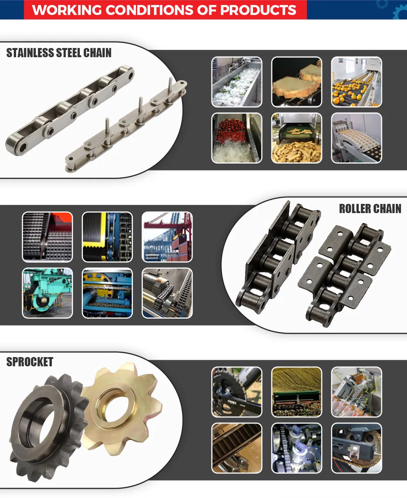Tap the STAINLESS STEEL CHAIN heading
tap(59, 53)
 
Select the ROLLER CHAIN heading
tap(370, 209)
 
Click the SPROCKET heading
tap(30, 362)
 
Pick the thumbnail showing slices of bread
tap(296, 82)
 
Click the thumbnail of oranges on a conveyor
tap(356, 82)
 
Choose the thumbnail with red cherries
tap(237, 138)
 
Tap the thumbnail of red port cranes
tap(167, 237)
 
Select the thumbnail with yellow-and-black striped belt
tap(107, 237)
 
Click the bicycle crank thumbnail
tap(237, 392)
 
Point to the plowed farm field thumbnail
tap(296, 392)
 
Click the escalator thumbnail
tap(237, 448)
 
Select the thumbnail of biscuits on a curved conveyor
tap(356, 138)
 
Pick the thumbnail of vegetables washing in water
tap(237, 82)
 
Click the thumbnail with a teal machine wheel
tap(47, 293)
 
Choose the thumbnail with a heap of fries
tap(296, 138)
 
